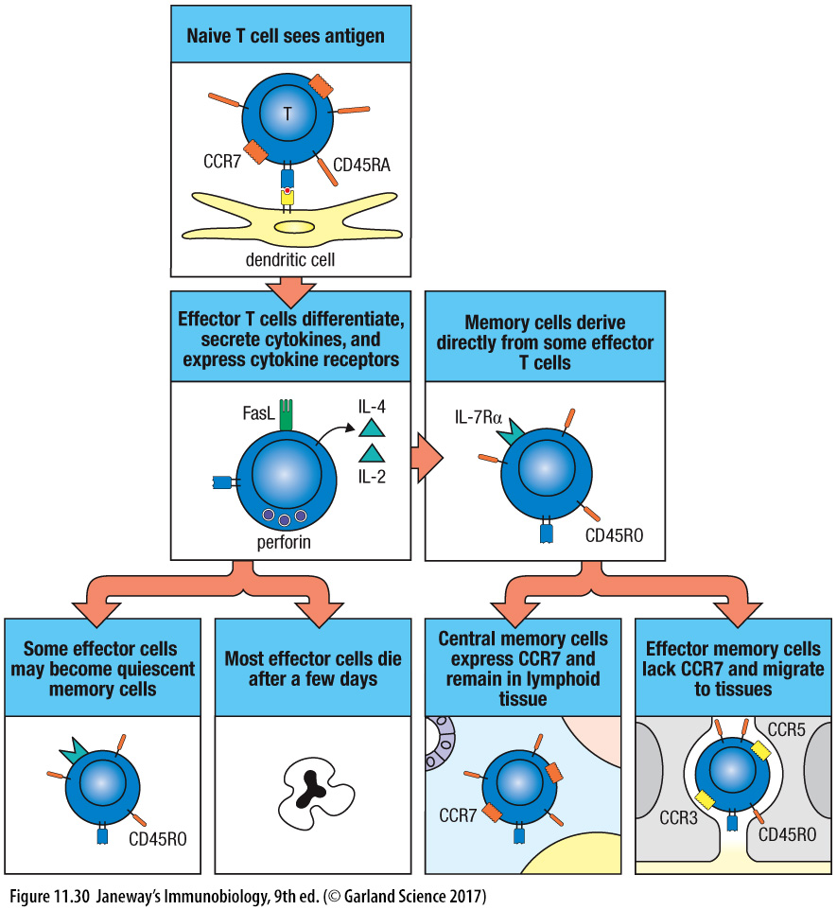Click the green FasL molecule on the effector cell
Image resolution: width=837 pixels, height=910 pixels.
tap(287, 417)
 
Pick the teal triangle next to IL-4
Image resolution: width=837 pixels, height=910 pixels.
tap(371, 427)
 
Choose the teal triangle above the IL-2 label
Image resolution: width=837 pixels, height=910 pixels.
tap(371, 453)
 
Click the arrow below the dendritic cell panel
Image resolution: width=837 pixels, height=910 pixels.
tap(290, 285)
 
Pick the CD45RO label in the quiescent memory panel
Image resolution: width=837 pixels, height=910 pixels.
tap(158, 838)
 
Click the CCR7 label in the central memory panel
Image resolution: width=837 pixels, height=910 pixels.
tap(458, 814)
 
